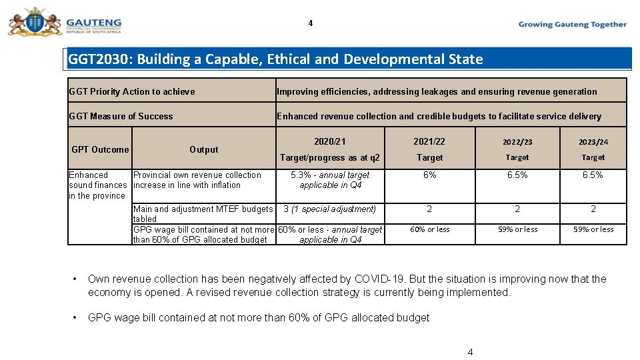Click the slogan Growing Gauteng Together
572,25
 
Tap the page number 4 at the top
310,23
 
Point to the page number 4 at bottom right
470,352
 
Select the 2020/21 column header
330,141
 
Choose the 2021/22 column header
429,141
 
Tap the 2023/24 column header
593,141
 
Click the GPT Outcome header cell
100,149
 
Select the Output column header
203,149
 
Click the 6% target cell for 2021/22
429,175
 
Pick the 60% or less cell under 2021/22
429,229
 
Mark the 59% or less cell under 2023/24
593,229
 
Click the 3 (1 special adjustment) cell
330,209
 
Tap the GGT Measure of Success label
121,116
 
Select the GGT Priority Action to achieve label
132,91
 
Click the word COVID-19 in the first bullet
379,279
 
